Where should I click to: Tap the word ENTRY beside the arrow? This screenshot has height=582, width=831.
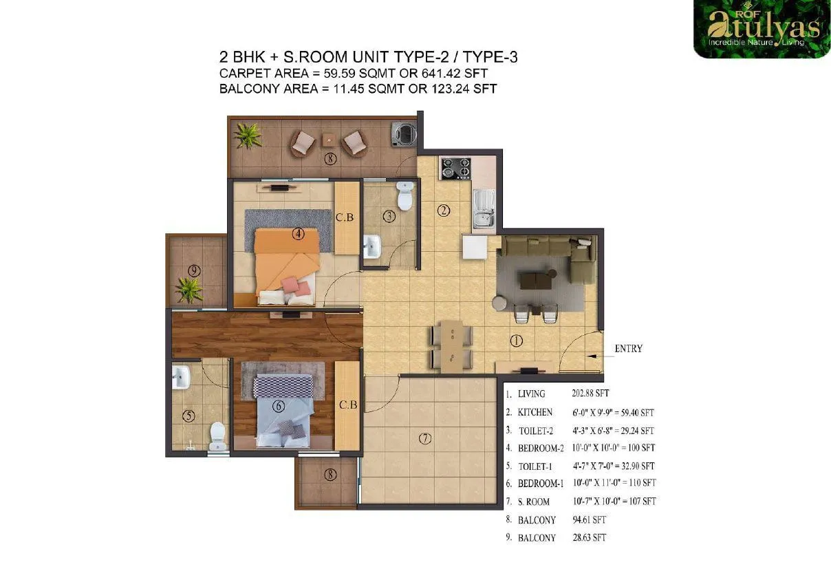[x=629, y=349]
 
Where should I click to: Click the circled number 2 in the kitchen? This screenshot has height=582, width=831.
[x=444, y=211]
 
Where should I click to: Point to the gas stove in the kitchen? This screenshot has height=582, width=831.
[x=455, y=168]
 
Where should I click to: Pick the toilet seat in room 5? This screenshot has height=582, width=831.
[x=217, y=435]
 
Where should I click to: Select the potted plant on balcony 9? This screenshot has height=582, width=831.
[x=187, y=289]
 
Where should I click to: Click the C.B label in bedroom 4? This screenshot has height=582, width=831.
[x=345, y=218]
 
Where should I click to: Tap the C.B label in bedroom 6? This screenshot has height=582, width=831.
[x=347, y=405]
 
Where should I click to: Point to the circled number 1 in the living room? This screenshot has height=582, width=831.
[x=517, y=341]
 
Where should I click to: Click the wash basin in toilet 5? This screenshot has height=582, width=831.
[x=182, y=377]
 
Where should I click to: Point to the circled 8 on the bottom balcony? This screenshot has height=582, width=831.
[x=331, y=474]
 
